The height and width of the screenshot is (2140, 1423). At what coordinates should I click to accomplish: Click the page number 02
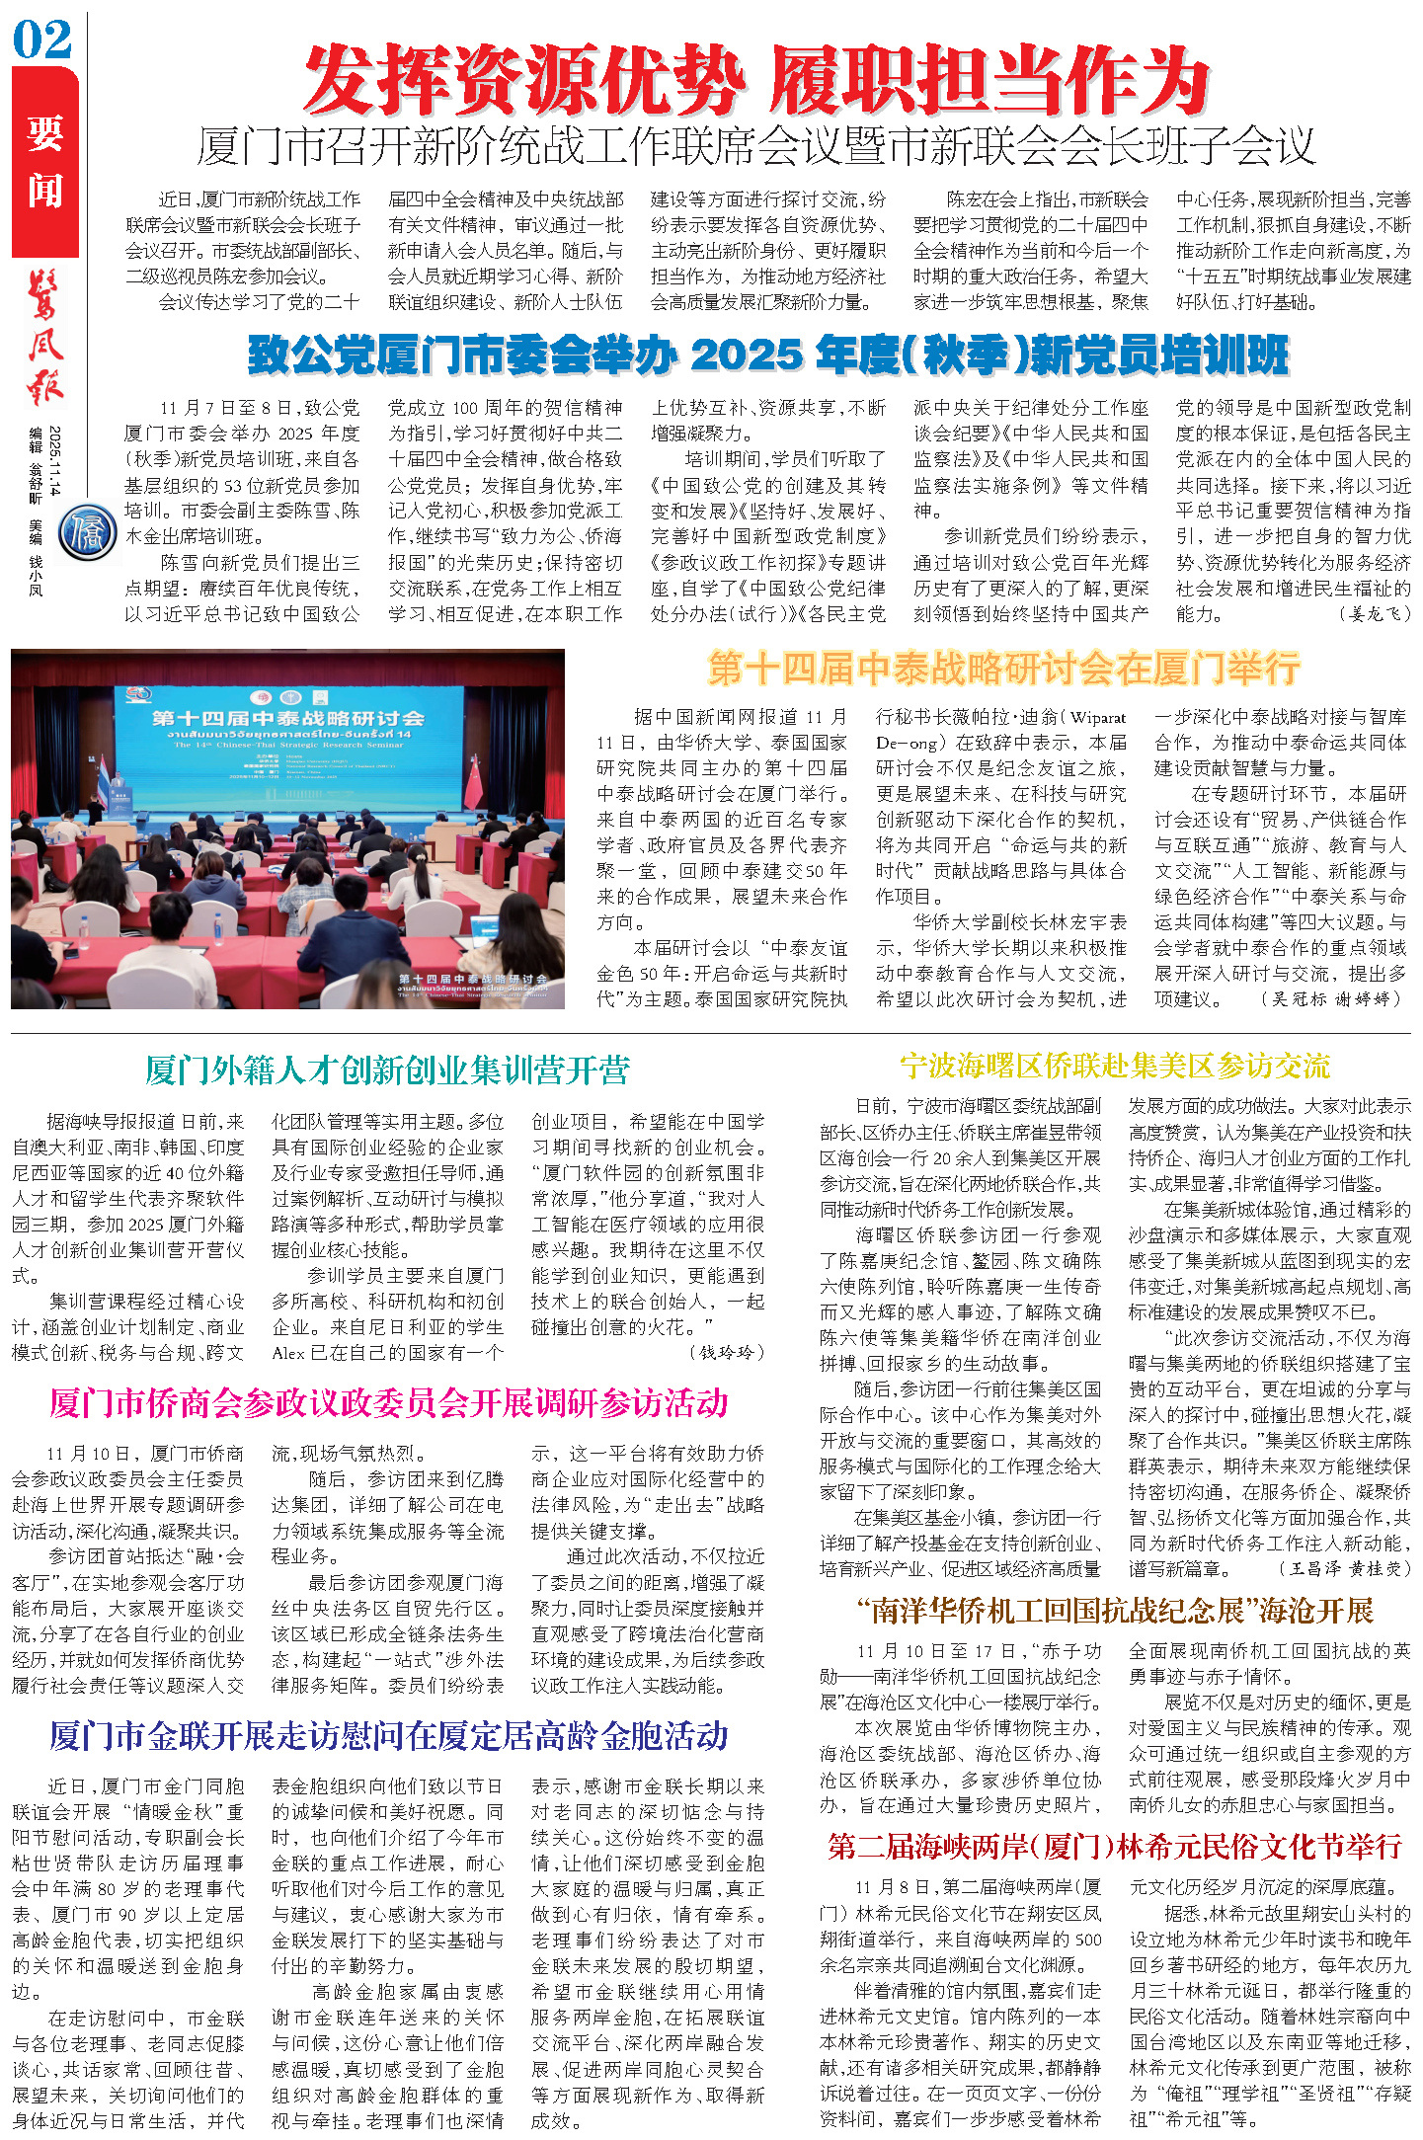(42, 40)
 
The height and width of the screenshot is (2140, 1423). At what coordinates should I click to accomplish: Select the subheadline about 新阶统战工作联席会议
(756, 147)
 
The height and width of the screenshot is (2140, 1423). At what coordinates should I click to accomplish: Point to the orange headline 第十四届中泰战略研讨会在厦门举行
(1003, 670)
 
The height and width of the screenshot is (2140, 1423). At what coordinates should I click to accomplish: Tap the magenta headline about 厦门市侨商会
(389, 1402)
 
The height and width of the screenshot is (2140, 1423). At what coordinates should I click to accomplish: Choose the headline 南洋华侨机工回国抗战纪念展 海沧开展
(1114, 1612)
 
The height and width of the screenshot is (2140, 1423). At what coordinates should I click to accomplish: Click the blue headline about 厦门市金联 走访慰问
(389, 1735)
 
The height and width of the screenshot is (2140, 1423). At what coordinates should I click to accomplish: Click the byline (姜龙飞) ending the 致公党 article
(1375, 614)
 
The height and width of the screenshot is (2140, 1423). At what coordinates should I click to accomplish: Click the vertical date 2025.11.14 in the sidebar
(55, 461)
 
